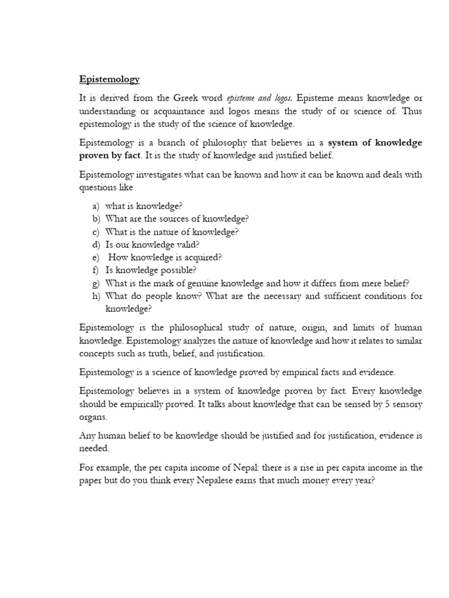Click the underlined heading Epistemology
pos(109,78)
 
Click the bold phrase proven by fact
pos(111,155)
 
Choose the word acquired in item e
pos(201,257)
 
